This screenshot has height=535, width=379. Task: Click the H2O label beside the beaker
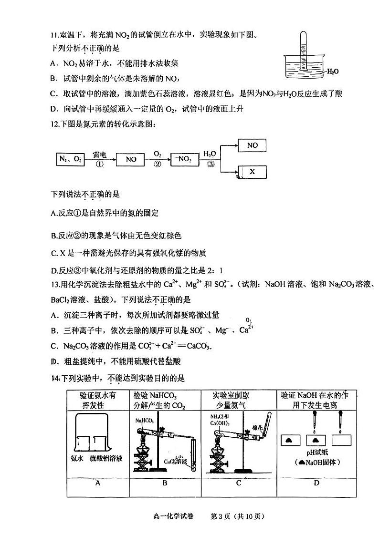pyautogui.click(x=333, y=72)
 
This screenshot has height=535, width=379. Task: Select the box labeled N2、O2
pyautogui.click(x=70, y=160)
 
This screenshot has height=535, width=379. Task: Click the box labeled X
pyautogui.click(x=253, y=172)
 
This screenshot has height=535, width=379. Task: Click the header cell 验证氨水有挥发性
pyautogui.click(x=97, y=400)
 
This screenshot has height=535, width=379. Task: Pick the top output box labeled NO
pyautogui.click(x=253, y=145)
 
